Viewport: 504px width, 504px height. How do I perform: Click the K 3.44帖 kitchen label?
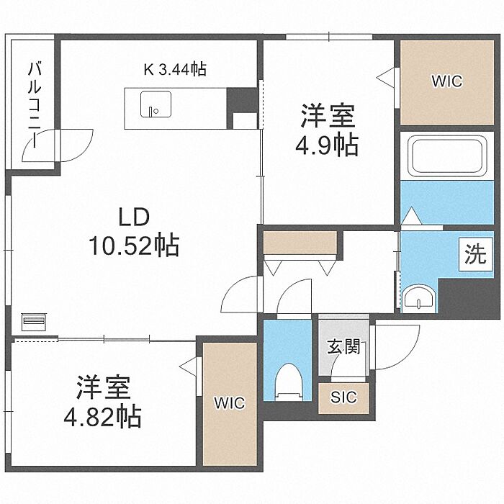point(175,69)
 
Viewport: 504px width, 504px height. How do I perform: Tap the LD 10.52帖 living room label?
point(134,231)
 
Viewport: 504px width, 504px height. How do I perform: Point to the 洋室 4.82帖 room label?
point(102,401)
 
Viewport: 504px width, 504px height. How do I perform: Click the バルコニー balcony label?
point(35,105)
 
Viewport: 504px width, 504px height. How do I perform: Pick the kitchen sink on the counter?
point(156,104)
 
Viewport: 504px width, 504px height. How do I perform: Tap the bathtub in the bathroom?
point(447,156)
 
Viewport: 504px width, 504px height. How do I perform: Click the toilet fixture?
point(289,382)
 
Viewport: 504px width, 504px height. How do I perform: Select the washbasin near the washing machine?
point(418,298)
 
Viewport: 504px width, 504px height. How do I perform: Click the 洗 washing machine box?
point(476,254)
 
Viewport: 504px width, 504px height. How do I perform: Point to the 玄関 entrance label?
point(343,347)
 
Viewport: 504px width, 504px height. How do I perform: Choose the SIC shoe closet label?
point(343,397)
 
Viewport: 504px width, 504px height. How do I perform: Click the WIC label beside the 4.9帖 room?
point(447,81)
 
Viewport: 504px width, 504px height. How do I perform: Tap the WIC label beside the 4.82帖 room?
point(230,402)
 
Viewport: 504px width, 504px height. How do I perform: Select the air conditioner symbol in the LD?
point(35,321)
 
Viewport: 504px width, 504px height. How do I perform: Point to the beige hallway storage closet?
point(300,242)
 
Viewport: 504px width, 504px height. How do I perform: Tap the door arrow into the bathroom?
point(412,216)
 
